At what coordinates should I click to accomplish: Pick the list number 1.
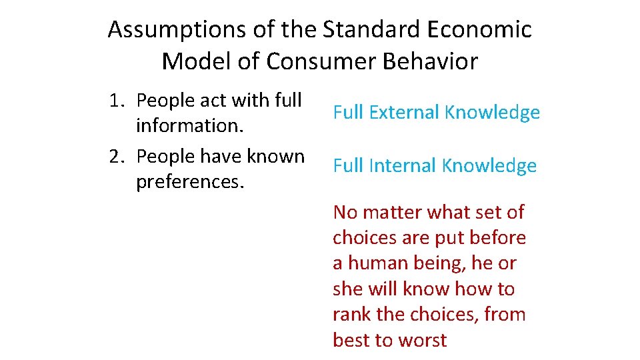click(117, 100)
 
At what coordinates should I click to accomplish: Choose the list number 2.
click(117, 156)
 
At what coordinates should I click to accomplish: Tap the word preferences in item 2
click(189, 181)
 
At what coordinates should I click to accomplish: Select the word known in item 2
click(275, 156)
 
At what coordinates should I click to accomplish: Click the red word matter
click(395, 213)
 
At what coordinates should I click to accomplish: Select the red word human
click(375, 263)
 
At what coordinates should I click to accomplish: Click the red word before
click(495, 238)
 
